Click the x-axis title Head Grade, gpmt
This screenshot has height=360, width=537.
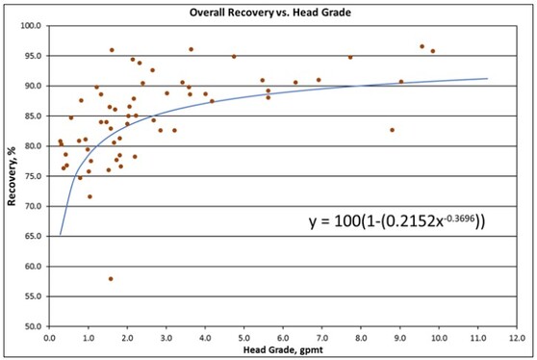pos(283,351)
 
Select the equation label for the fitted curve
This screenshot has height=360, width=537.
pos(396,221)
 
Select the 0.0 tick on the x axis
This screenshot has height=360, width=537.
pos(50,338)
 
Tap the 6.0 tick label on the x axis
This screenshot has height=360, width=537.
pos(283,338)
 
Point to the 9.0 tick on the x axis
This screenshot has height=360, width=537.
pos(399,338)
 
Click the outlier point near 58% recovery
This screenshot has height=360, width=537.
pos(111,278)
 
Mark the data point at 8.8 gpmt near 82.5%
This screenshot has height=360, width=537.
pos(392,130)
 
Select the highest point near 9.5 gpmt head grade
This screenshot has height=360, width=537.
pos(422,46)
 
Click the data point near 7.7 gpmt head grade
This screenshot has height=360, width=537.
pos(350,57)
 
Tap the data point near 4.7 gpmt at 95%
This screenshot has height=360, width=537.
pos(234,56)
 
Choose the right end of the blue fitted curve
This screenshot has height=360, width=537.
pos(487,79)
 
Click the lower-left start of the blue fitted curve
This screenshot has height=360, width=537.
pos(60,234)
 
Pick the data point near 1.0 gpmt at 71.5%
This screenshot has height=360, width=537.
pos(89,196)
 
